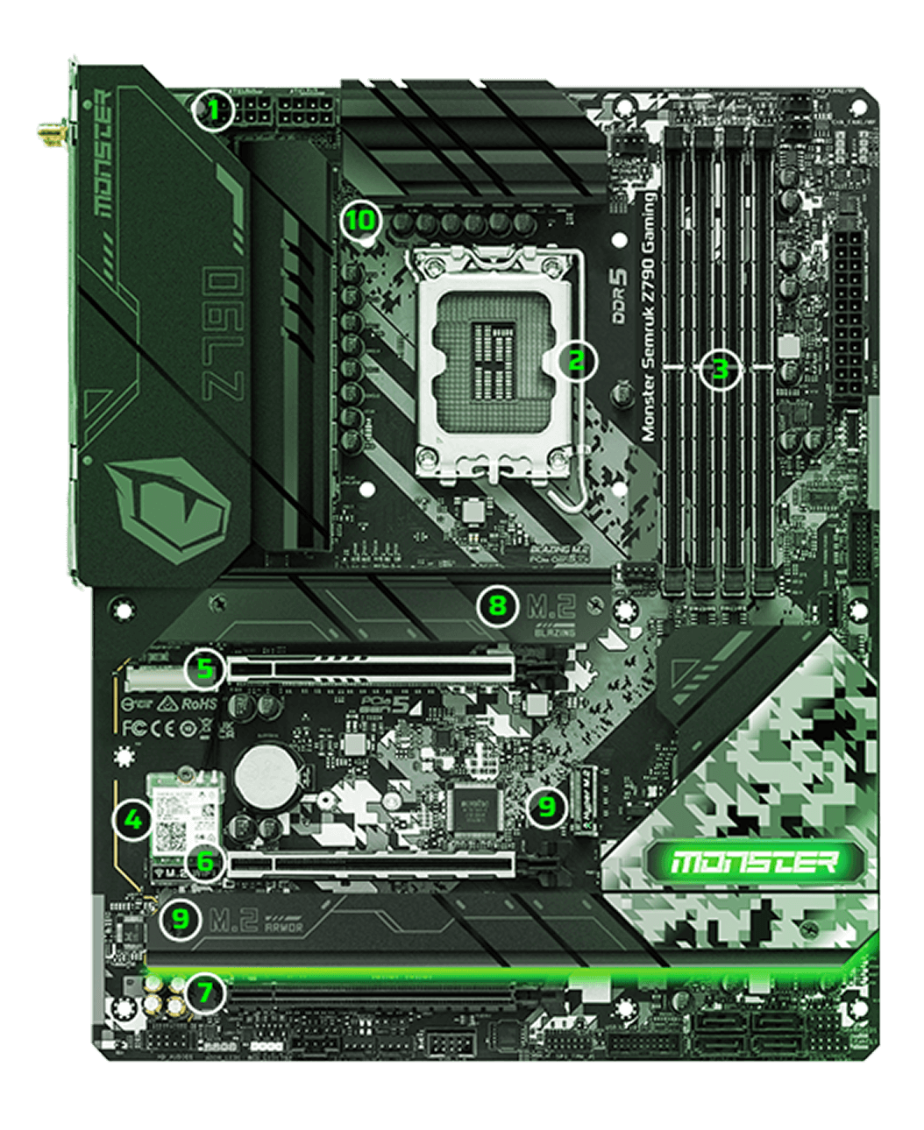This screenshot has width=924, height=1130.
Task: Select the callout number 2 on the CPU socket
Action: [x=575, y=360]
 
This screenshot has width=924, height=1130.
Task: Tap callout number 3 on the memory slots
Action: [x=720, y=369]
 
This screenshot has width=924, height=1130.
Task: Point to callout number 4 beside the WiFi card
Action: [x=133, y=821]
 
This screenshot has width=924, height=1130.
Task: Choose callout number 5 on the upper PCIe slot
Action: [x=204, y=670]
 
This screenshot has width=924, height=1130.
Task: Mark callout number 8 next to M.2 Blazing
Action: [x=497, y=605]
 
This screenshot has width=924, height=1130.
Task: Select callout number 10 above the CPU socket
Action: [x=359, y=220]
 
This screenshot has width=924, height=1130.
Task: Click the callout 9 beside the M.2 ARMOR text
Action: [x=180, y=920]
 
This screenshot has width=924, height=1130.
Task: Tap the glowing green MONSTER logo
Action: [x=753, y=862]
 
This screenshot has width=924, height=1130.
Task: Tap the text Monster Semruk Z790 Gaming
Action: [x=650, y=316]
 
